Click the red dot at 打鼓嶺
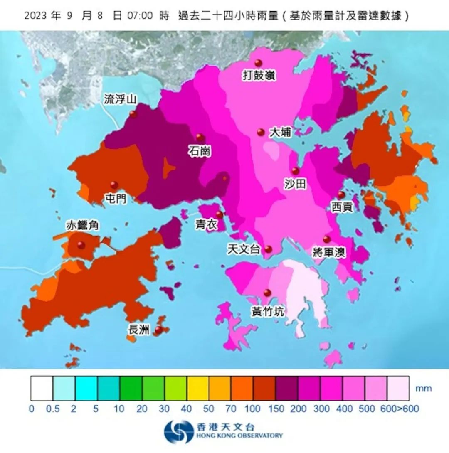(258, 63)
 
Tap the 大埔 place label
(280, 133)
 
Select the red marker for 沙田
(295, 171)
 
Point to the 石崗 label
(200, 151)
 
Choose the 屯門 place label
(116, 199)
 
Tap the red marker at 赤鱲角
(81, 245)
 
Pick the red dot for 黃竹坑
(267, 293)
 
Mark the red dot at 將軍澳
(327, 239)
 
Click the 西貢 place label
(342, 207)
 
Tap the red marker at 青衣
(220, 215)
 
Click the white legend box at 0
(42, 388)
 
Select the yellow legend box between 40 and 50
(198, 388)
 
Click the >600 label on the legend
(409, 409)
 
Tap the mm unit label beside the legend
(424, 389)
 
